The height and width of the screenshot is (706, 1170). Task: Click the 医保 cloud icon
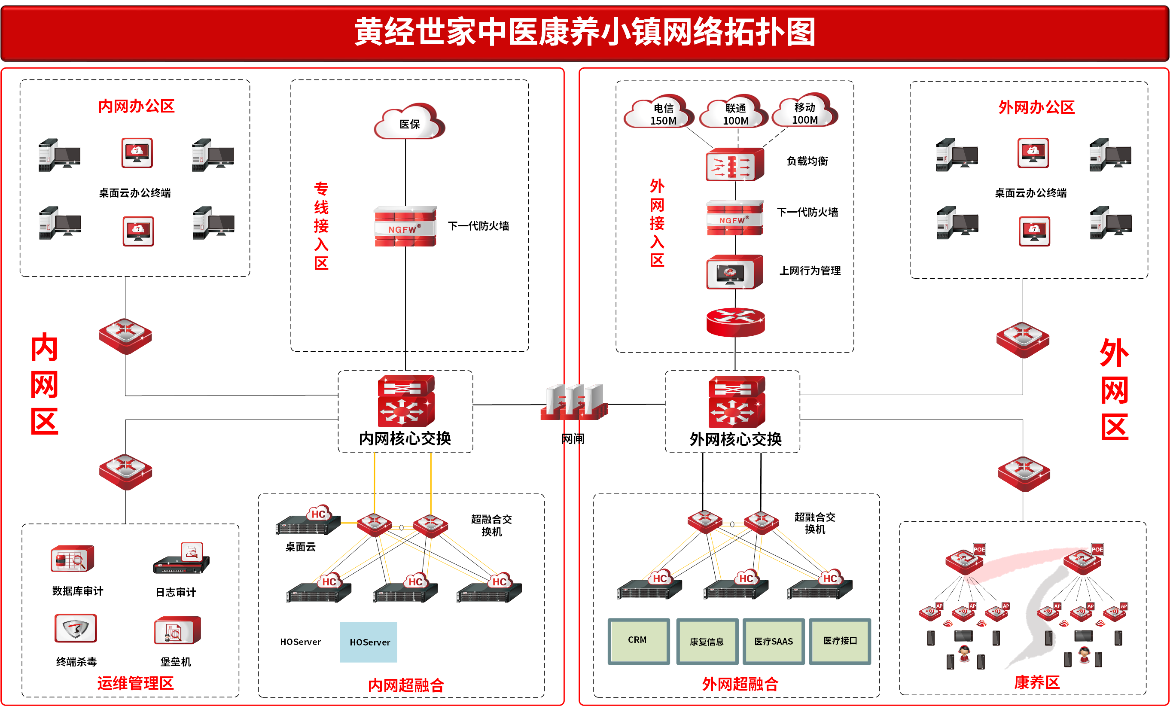pos(409,122)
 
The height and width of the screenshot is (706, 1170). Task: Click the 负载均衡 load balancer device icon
pos(734,165)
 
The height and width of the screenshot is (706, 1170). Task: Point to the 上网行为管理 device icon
pos(734,272)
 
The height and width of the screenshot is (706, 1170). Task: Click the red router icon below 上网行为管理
pos(735,322)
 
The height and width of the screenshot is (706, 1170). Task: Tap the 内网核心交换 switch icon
pos(405,401)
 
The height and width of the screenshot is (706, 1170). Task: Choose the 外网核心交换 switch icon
pos(736,402)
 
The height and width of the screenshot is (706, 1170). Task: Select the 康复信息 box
pos(707,642)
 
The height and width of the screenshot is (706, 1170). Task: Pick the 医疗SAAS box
pos(774,642)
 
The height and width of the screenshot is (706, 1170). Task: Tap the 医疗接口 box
pos(840,641)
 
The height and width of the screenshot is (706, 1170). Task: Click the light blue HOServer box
pos(369,642)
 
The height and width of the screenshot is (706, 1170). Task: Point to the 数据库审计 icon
pos(72,559)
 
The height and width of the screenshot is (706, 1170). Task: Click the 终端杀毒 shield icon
pos(76,629)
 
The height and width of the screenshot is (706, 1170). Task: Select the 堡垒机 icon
pos(177,630)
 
